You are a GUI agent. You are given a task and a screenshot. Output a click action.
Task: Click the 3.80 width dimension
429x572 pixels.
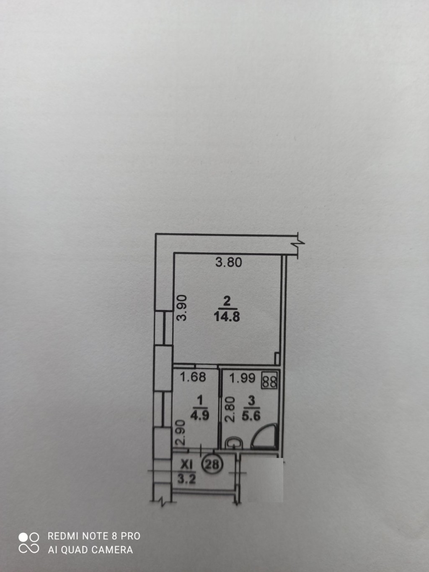(229, 263)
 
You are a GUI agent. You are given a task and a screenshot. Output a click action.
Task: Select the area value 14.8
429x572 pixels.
(227, 316)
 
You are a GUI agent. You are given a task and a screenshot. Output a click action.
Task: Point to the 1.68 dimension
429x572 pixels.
(193, 377)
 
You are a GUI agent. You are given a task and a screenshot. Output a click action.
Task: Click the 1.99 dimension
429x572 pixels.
(243, 378)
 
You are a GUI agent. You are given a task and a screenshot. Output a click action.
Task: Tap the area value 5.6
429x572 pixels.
(251, 415)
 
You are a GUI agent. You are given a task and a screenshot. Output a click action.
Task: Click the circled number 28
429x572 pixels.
(212, 464)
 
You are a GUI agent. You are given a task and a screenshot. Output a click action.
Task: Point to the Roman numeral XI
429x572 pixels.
(186, 464)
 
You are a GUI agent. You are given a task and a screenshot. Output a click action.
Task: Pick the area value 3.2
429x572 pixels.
(186, 479)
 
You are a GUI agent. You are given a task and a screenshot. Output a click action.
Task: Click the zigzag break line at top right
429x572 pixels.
(299, 243)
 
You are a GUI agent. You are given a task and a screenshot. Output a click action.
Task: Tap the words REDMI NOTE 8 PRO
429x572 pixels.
(94, 536)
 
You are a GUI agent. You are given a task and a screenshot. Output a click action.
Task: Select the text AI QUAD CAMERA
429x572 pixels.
(90, 550)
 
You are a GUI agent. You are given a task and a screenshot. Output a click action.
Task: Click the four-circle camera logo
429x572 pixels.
(29, 543)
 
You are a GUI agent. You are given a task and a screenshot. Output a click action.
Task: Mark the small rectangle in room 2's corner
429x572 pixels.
(277, 359)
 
